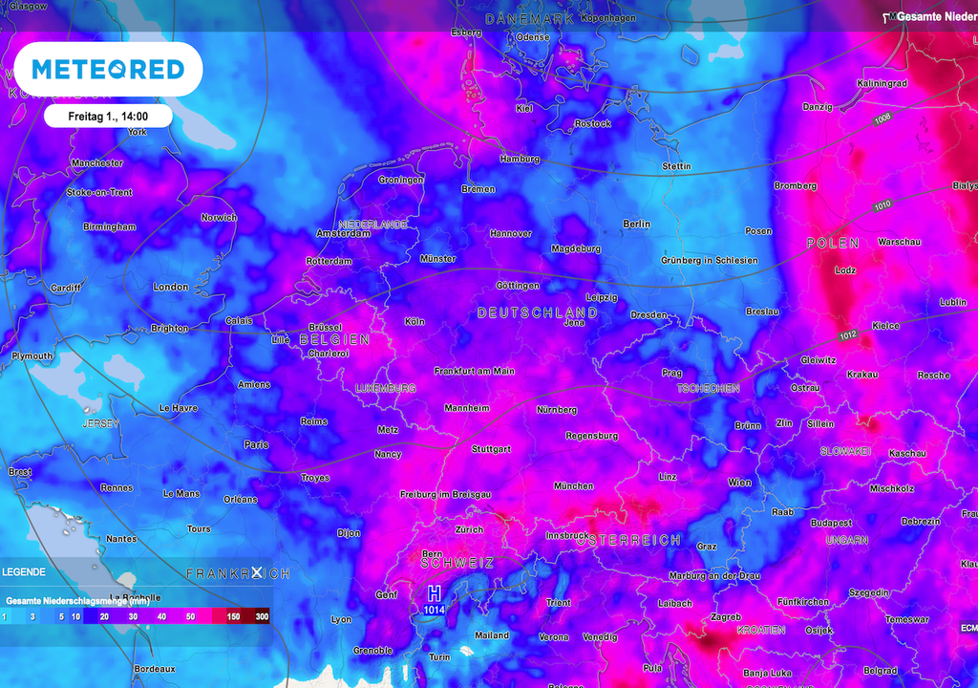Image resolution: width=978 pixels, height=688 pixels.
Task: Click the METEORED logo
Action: tap(108, 69)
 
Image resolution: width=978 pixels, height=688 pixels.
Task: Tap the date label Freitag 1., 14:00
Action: tap(107, 116)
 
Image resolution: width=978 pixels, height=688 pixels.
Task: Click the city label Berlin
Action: tap(636, 224)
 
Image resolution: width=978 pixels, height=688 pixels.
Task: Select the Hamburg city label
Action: tap(520, 159)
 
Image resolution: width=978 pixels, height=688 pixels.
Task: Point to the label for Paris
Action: tap(256, 444)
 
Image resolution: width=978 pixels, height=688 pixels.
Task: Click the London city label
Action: tap(171, 287)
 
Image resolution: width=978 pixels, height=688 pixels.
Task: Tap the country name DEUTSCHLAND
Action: tap(537, 312)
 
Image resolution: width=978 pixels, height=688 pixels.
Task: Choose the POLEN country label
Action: tap(833, 244)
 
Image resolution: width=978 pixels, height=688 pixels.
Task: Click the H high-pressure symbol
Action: tap(435, 593)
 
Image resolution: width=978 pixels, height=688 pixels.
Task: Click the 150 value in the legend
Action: tap(233, 617)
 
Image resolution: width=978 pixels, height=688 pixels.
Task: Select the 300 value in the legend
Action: tap(262, 617)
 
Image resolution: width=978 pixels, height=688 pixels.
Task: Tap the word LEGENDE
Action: tap(23, 571)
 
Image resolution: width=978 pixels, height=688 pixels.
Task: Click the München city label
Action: tap(573, 485)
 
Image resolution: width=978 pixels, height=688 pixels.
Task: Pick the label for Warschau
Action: tap(899, 242)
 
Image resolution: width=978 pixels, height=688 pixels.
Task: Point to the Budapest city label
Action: tap(831, 523)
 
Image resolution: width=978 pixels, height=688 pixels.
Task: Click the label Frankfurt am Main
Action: tap(475, 371)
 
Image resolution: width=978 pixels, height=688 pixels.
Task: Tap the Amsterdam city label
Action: tap(343, 233)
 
